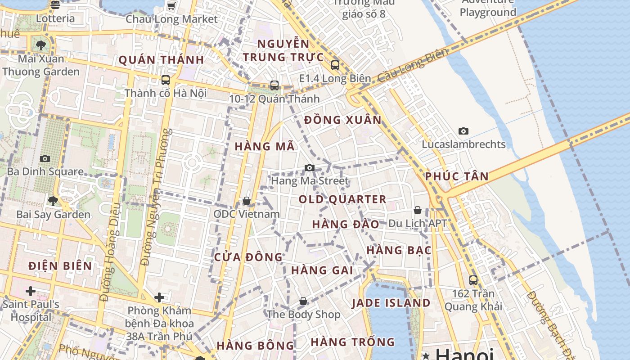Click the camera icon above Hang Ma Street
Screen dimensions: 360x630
[x=310, y=168]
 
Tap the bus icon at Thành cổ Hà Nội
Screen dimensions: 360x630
[x=166, y=80]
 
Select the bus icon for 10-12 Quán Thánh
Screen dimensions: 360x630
[x=274, y=85]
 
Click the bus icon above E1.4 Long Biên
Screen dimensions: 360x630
[x=335, y=65]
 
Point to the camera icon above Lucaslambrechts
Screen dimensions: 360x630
[x=463, y=131]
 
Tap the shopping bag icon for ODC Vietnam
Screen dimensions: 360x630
[x=247, y=201]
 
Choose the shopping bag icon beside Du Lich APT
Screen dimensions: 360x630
[x=418, y=210]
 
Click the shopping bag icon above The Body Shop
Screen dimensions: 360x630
[x=303, y=301]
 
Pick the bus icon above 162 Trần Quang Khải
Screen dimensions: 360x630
[x=473, y=280]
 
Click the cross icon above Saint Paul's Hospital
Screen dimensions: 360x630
[x=31, y=291]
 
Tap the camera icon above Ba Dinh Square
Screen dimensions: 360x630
[x=45, y=158]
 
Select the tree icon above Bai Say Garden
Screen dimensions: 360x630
[x=53, y=201]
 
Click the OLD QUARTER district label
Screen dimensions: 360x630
[x=342, y=199]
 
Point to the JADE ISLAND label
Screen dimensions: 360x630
[x=391, y=303]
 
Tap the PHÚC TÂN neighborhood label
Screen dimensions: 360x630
[x=457, y=176]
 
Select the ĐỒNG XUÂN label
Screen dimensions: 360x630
[x=343, y=120]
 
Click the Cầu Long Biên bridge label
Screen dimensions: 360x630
[x=413, y=65]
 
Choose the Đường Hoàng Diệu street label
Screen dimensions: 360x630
[x=111, y=252]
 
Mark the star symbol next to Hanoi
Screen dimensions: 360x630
[x=426, y=356]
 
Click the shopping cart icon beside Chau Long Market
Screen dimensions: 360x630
[x=171, y=6]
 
